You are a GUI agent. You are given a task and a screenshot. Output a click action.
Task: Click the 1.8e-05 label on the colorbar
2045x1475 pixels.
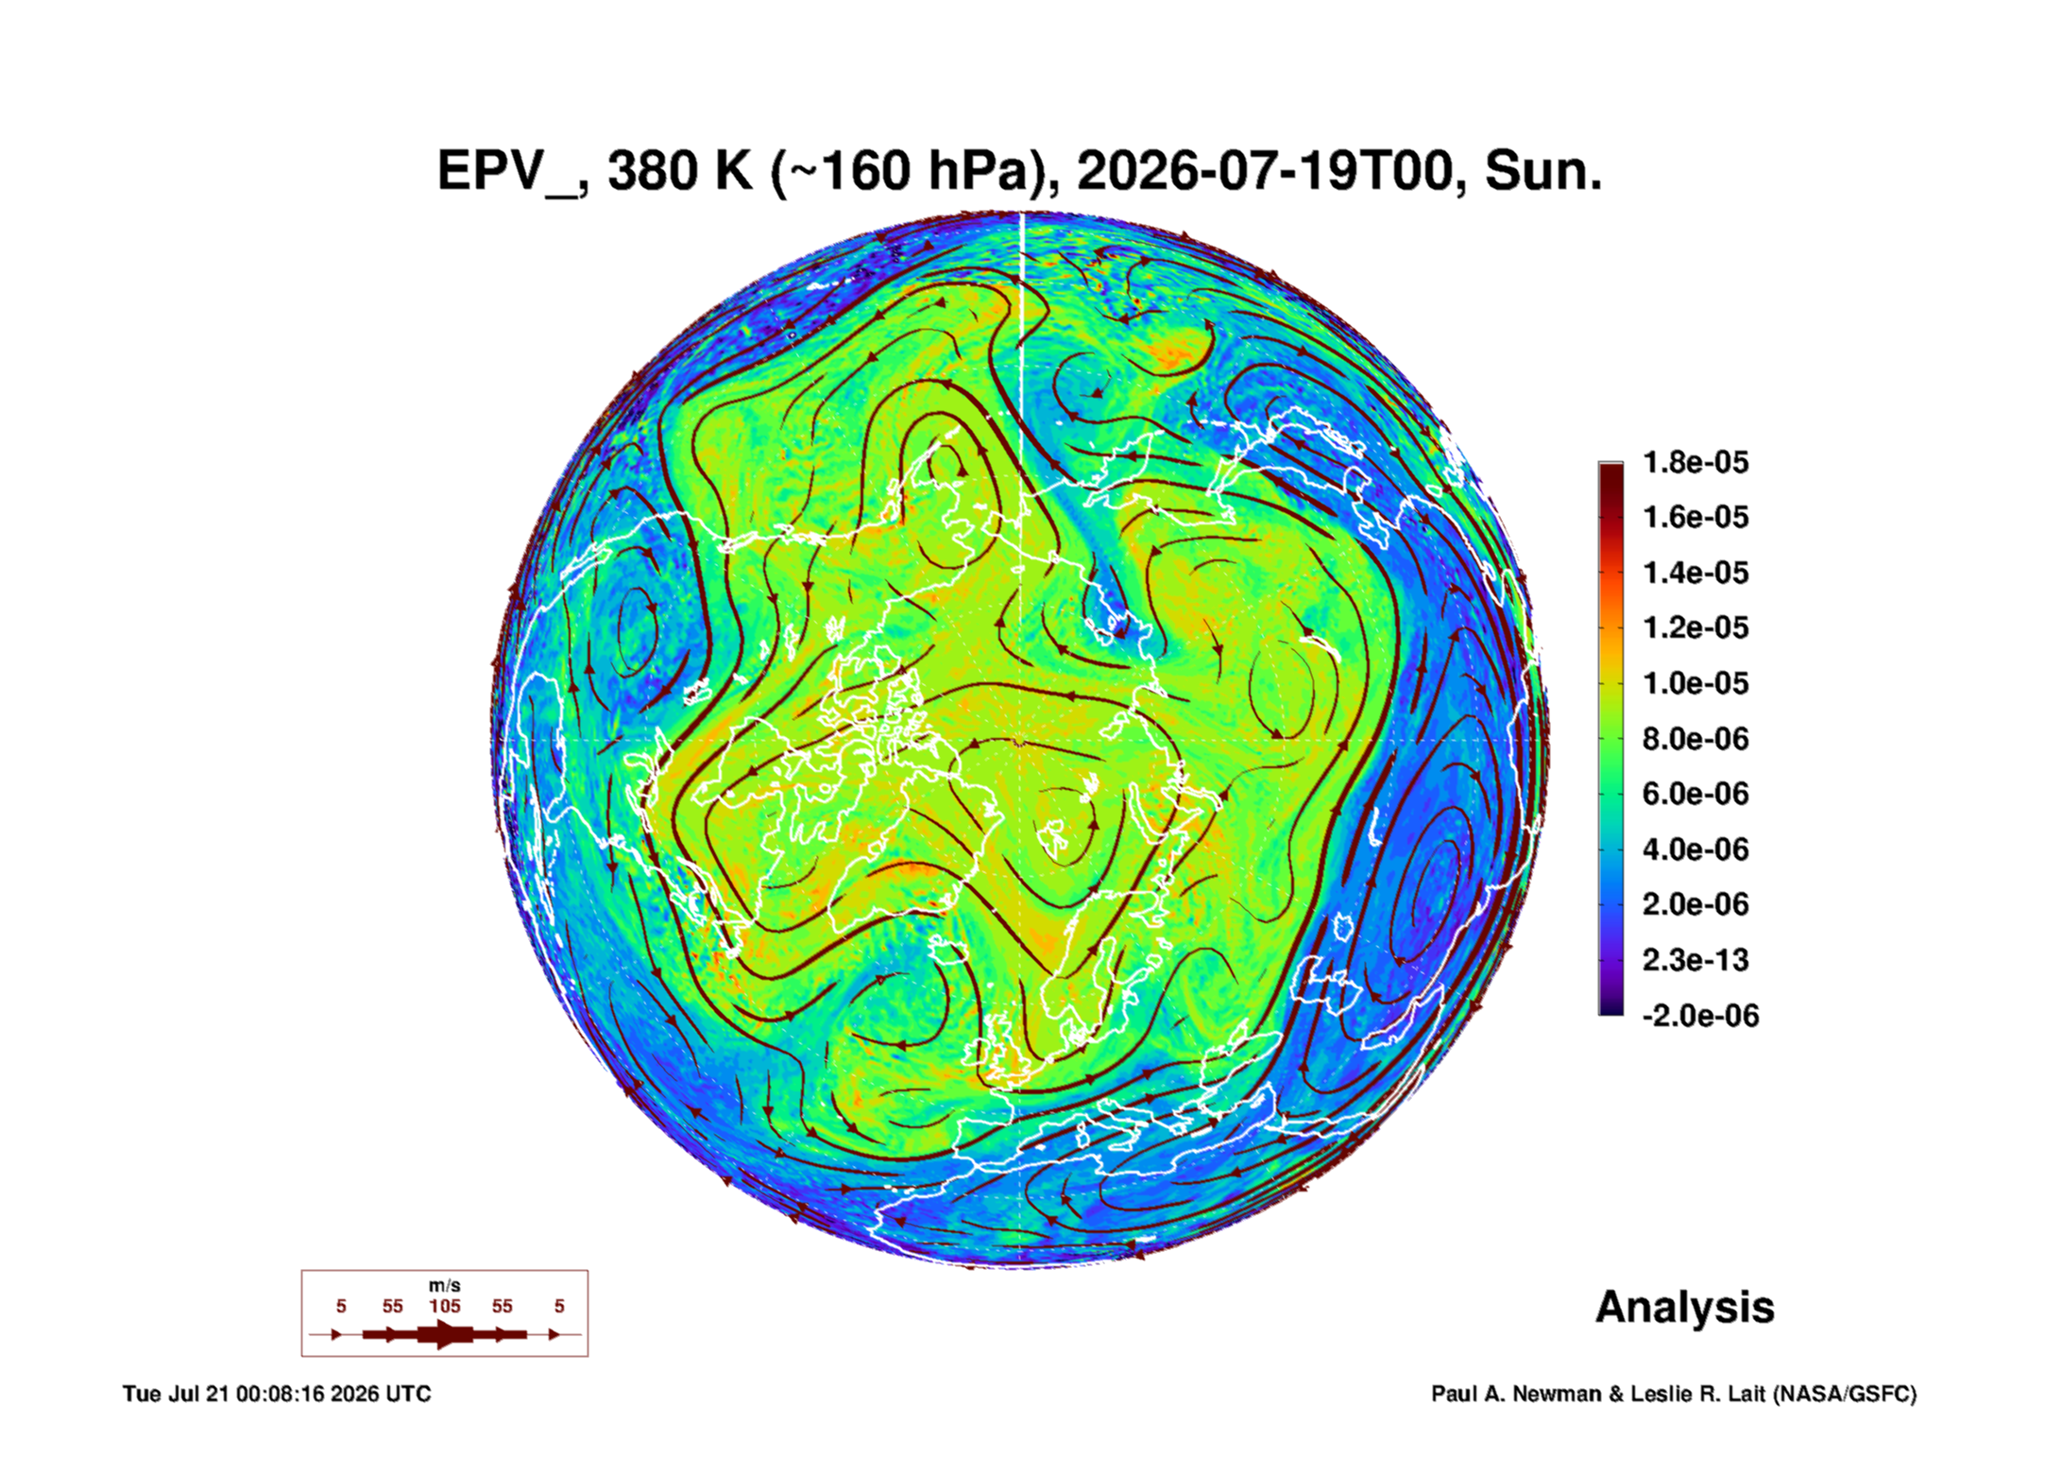tap(1696, 462)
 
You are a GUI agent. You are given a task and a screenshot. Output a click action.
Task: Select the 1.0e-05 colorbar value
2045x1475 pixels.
tap(1696, 683)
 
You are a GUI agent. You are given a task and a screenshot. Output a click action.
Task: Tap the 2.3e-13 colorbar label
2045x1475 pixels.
tap(1696, 960)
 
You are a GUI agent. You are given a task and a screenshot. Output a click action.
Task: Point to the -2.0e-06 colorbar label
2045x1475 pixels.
tap(1700, 1016)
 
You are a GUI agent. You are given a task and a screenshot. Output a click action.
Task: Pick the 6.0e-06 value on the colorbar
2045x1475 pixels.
tap(1696, 794)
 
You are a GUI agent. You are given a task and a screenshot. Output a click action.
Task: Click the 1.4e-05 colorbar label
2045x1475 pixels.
tap(1696, 573)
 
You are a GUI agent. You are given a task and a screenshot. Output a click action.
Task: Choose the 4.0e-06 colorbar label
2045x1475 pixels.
tap(1696, 849)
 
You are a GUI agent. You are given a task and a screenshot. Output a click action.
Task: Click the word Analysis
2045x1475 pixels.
tap(1685, 1308)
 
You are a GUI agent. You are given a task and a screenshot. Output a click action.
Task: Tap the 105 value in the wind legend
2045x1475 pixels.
tap(445, 1306)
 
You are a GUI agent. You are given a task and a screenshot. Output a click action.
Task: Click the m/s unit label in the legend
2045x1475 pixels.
tap(445, 1285)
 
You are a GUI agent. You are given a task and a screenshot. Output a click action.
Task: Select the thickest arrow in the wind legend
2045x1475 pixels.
tap(445, 1334)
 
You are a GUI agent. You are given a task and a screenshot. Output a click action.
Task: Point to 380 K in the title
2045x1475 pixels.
tap(680, 171)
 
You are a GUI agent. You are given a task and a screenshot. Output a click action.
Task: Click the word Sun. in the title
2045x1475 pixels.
tap(1543, 171)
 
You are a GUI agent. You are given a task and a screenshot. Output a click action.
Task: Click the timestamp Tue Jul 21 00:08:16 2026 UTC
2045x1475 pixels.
tap(277, 1394)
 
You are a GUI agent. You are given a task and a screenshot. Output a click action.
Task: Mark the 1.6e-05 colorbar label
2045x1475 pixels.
tap(1696, 517)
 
